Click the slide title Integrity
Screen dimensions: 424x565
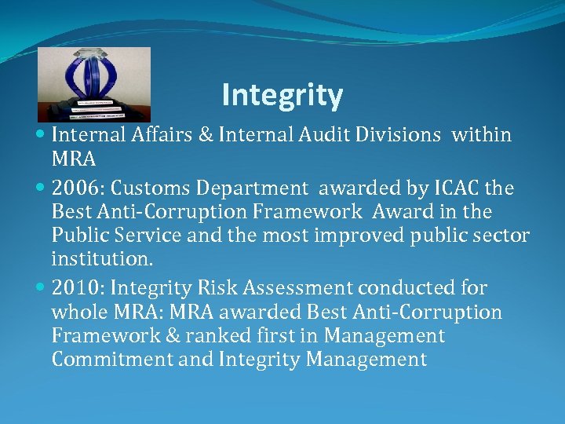click(282, 95)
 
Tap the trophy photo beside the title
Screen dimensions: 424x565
click(94, 84)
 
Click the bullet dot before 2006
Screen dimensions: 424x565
click(41, 188)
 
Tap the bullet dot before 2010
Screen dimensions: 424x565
click(41, 288)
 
